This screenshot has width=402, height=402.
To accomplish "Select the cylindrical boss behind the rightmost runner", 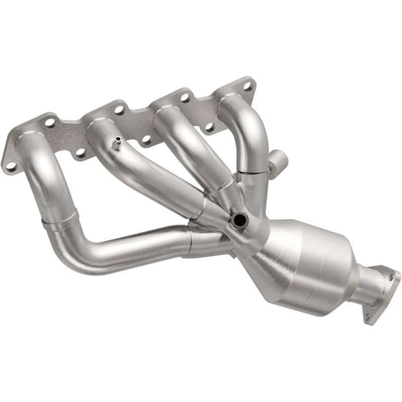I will (278, 162).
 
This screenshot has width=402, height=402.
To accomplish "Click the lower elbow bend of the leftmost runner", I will (75, 251).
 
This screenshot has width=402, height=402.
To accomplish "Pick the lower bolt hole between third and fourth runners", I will (209, 127).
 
